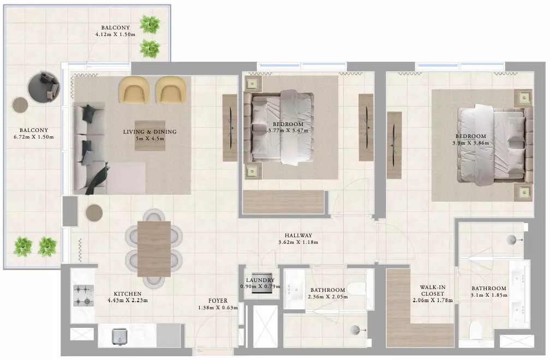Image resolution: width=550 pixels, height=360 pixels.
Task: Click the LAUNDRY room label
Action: pos(260,280)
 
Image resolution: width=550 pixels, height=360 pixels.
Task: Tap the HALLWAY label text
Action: pos(298,236)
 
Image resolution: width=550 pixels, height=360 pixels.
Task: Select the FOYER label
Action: pos(218,301)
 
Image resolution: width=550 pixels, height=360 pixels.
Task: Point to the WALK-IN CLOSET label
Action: pos(433,291)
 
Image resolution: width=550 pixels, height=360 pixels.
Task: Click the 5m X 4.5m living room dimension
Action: pos(150,139)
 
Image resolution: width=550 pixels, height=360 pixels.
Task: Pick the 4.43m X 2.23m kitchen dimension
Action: pos(128,301)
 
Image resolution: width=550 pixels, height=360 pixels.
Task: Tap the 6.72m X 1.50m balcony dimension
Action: pos(34,137)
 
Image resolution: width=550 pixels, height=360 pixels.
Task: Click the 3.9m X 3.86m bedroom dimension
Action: pos(471,143)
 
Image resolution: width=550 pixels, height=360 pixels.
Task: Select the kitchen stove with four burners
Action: pos(83,296)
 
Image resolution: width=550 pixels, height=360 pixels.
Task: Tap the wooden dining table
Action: pos(154,249)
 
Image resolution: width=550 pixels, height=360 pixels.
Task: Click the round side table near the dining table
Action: pos(94,212)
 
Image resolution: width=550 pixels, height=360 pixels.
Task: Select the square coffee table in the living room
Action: pos(150,136)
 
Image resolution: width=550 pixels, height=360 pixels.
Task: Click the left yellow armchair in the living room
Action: pos(133,90)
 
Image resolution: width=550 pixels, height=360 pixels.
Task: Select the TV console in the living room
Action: pos(230,128)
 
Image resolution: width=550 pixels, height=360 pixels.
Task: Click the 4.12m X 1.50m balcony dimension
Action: pos(116,34)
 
